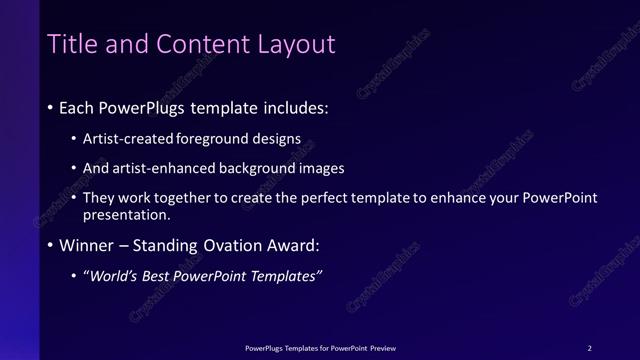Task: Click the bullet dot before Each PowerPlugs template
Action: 51,106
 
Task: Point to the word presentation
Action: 127,214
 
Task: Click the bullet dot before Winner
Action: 51,245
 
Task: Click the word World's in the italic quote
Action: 114,276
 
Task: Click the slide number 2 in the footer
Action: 589,348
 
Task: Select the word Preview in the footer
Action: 382,348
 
